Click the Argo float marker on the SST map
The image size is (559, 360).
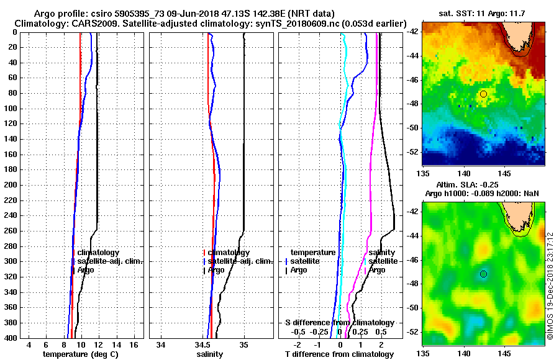(483, 94)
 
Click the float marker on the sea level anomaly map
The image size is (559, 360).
(483, 274)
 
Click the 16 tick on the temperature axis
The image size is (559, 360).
(134, 345)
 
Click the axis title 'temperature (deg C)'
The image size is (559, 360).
(80, 354)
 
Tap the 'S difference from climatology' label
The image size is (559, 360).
(339, 323)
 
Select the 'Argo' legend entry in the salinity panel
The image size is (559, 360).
(216, 270)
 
